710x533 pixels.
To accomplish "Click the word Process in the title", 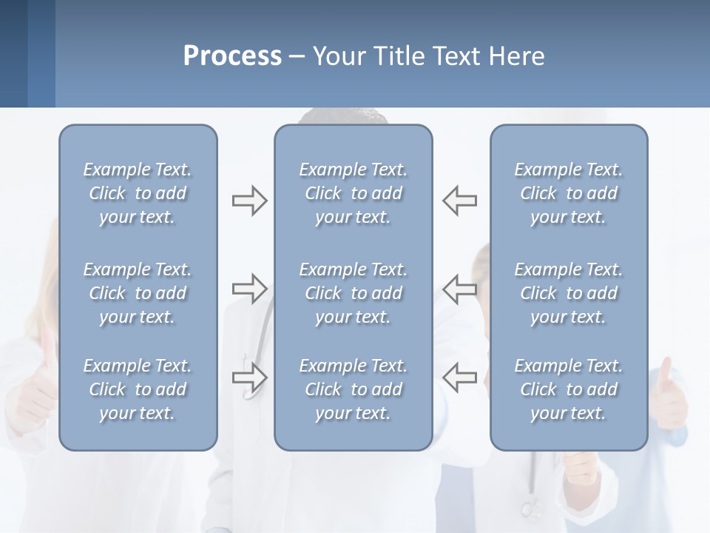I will coord(232,56).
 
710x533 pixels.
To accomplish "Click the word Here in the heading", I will coord(516,56).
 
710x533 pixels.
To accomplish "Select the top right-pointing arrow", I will coord(249,201).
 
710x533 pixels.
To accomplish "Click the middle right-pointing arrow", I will coord(249,288).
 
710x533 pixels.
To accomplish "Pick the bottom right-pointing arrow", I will coord(249,378).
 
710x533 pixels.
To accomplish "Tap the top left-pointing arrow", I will coord(460,201).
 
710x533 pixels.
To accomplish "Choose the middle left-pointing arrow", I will coord(460,288).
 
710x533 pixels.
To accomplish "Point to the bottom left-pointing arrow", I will coord(460,378).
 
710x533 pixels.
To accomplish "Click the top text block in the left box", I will coord(138,193).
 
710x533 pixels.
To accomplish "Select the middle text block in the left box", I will coord(138,293).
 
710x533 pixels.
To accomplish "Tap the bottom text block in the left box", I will coord(138,389).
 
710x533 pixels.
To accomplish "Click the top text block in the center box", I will coord(353,193).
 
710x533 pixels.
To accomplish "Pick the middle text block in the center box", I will coord(353,293).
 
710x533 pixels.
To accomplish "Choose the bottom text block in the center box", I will coord(353,389).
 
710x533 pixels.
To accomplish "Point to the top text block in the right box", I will coord(568,193).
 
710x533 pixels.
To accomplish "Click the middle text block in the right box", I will coord(568,293).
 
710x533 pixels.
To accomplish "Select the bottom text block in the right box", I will coord(568,389).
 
